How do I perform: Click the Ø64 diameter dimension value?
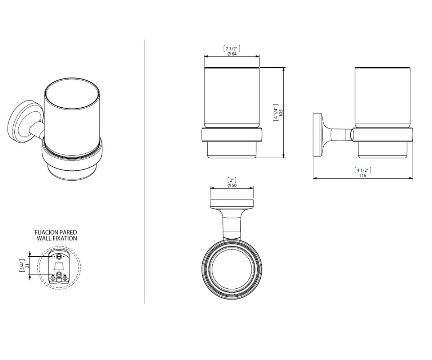[232, 54]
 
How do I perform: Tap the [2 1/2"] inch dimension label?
[232, 49]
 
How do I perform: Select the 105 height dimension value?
[281, 113]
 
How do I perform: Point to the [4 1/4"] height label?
[276, 113]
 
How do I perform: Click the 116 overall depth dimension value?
[363, 175]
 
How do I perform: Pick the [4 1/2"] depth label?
[363, 170]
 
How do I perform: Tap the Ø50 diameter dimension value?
[232, 185]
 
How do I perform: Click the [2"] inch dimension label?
[232, 180]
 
